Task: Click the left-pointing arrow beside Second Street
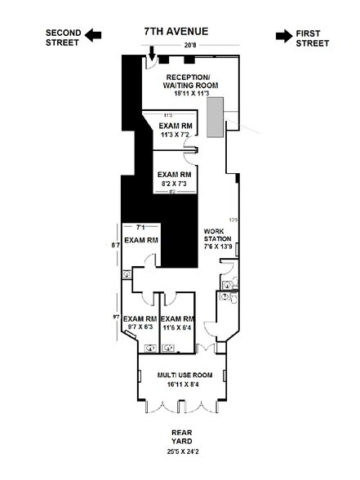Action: click(95, 34)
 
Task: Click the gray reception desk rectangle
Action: click(216, 116)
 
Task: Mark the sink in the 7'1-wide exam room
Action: click(126, 275)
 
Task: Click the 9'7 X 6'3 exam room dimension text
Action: click(140, 327)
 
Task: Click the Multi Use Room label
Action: click(184, 374)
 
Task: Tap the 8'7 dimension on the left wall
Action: click(115, 243)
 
